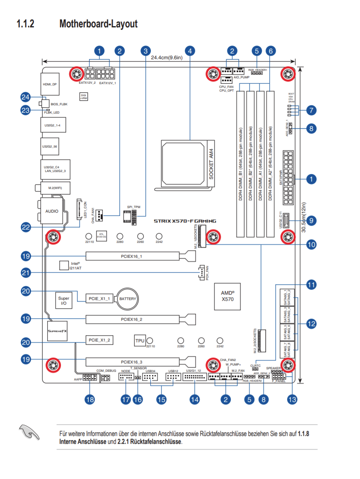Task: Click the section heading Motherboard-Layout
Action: (98, 24)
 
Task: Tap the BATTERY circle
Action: (128, 298)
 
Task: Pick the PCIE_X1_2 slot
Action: (100, 340)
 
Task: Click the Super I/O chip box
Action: (64, 300)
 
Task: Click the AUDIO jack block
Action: (52, 211)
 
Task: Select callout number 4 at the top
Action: (190, 51)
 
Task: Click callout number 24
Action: (26, 97)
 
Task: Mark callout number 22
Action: (26, 227)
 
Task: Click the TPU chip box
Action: (140, 341)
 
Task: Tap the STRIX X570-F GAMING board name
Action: (185, 221)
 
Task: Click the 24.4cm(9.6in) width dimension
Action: (166, 57)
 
